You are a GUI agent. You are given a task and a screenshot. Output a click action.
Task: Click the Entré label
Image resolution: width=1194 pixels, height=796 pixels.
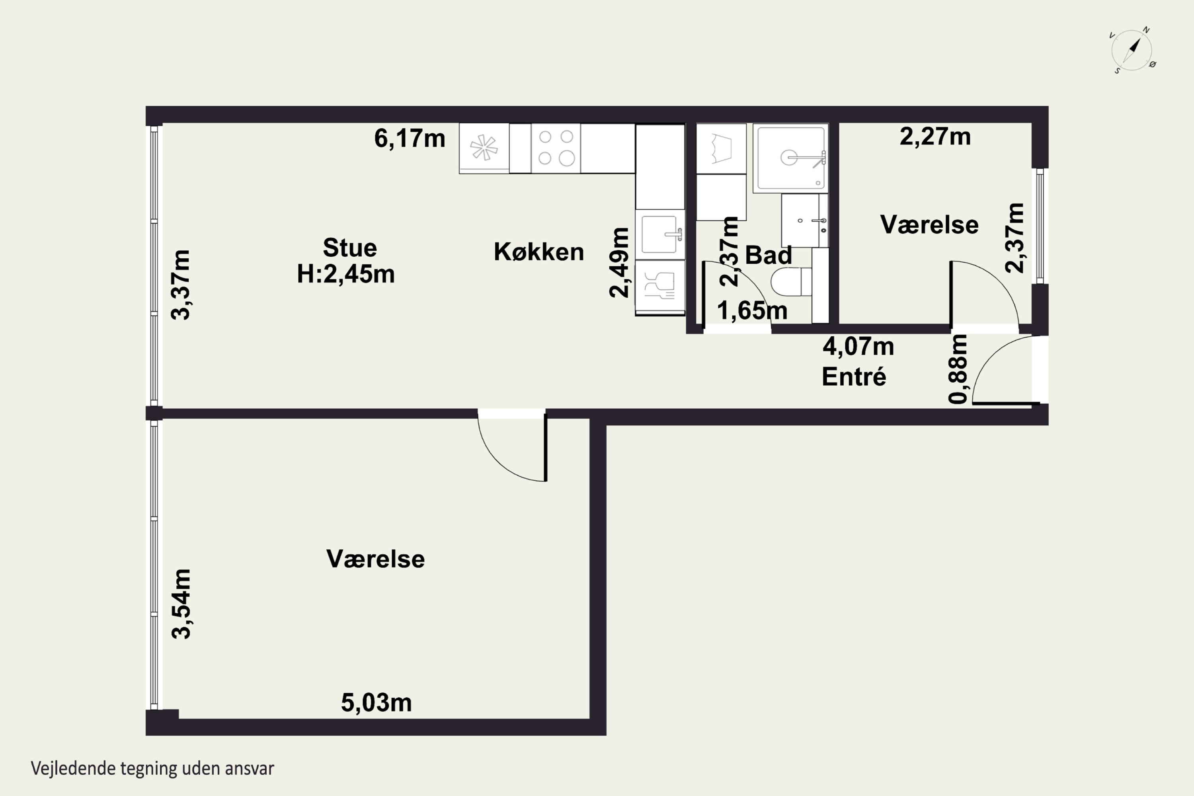(854, 377)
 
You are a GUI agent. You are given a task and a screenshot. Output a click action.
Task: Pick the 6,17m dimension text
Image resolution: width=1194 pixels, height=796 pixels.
(410, 138)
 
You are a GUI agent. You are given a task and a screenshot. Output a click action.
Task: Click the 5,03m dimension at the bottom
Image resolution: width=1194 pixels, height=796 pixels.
(376, 702)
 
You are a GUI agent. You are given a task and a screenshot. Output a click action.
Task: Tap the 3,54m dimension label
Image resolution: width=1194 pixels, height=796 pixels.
(181, 604)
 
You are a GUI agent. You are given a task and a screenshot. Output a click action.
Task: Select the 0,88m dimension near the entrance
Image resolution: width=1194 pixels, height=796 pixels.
(958, 369)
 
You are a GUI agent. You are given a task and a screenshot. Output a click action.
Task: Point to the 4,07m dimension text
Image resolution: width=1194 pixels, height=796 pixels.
(858, 346)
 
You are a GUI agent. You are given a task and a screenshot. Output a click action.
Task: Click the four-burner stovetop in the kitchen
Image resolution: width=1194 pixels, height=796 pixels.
(556, 148)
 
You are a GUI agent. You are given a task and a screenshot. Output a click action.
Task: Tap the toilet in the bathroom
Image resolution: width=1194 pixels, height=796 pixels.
(791, 282)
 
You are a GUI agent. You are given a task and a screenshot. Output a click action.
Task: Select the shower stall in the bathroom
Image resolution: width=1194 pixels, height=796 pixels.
(790, 158)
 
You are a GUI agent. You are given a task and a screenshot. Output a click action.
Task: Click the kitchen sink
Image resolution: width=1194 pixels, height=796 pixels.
(660, 234)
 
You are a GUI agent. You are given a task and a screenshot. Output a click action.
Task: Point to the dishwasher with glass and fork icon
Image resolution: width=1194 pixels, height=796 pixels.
(660, 287)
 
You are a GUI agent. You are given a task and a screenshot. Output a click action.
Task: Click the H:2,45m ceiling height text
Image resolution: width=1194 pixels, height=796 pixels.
(346, 274)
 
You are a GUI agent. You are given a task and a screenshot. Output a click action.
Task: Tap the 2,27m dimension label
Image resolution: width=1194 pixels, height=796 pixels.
(935, 137)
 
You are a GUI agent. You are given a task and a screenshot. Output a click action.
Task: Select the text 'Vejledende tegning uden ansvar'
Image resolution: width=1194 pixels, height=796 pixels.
(152, 768)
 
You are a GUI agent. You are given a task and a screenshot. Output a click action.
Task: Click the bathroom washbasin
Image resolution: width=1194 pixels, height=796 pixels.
(805, 220)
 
